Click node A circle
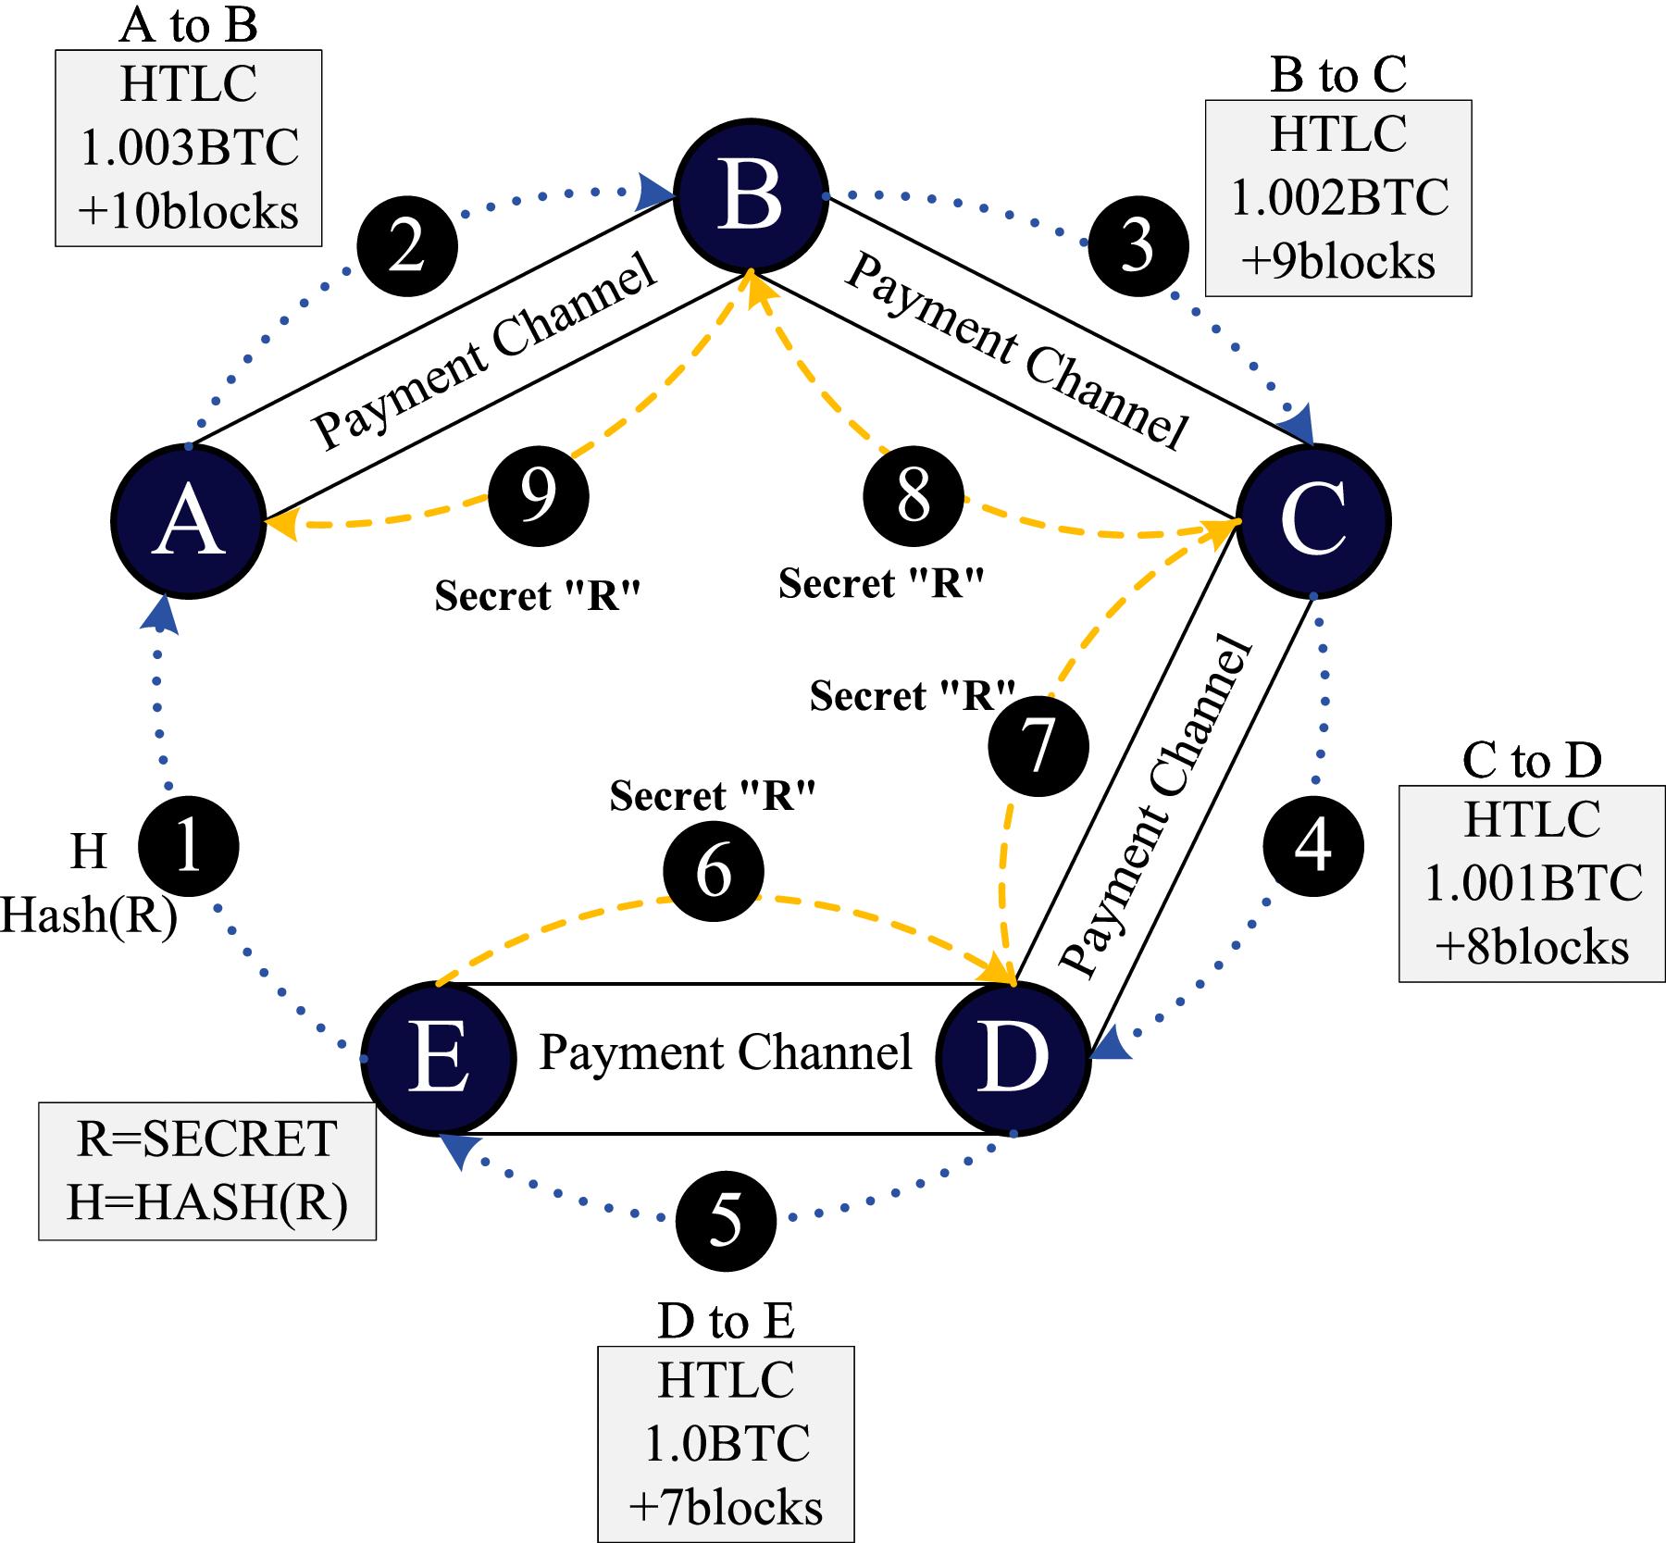[189, 521]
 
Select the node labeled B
[751, 196]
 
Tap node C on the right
[1313, 521]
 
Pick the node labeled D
[1013, 1058]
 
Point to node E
[438, 1058]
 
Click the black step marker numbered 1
[189, 846]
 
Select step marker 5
[726, 1221]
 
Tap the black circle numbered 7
[1038, 746]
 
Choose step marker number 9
[539, 496]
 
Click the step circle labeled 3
[1138, 246]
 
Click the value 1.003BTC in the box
[190, 148]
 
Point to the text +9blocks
[1338, 262]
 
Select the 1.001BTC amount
[1533, 883]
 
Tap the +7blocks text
[726, 1508]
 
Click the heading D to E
[726, 1320]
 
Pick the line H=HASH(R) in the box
[207, 1202]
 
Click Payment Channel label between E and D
[726, 1052]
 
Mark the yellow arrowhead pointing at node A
[280, 525]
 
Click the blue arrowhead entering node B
[654, 192]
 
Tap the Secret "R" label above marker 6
[713, 796]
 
